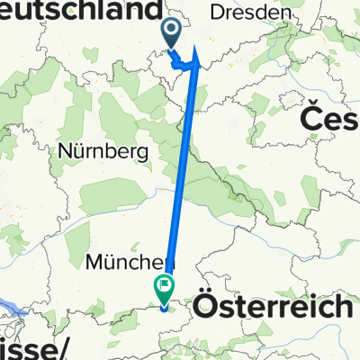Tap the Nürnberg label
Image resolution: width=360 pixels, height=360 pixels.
click(103, 152)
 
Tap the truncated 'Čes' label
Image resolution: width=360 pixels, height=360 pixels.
click(328, 119)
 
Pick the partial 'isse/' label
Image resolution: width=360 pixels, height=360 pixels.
click(34, 346)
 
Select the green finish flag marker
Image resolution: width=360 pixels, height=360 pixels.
click(165, 290)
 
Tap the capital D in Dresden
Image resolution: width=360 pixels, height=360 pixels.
click(217, 13)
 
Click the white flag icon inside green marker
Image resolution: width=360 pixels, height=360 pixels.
click(165, 287)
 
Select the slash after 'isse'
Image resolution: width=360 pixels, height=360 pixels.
click(64, 346)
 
